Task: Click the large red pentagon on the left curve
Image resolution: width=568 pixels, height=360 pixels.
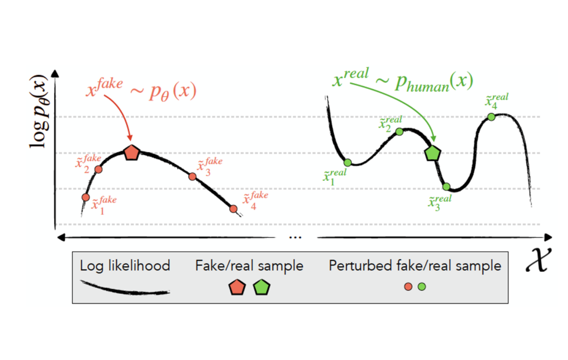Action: pos(131,153)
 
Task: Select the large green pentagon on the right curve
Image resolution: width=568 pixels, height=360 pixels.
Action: pos(433,153)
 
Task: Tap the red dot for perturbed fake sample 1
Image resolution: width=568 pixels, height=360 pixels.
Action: pos(85,197)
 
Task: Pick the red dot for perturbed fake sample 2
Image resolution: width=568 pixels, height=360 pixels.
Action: pos(98,169)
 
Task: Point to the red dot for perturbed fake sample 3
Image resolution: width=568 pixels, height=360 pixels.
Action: pos(192,176)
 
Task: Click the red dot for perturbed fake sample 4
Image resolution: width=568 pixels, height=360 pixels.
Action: pos(234,209)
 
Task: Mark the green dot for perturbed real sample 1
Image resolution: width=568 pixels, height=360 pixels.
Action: pos(348,163)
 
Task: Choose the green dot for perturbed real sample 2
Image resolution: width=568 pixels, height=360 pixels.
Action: pos(399,131)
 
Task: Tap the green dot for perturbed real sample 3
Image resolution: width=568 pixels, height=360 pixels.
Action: pos(447,186)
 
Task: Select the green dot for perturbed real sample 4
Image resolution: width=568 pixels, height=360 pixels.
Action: pos(491,116)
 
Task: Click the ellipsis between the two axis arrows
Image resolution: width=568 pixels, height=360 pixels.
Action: pos(295,237)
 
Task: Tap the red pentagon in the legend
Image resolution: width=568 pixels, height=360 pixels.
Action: pos(237,287)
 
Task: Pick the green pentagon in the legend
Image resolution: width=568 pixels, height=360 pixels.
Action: pos(261,287)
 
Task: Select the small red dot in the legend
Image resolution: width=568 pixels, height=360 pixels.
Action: pos(408,287)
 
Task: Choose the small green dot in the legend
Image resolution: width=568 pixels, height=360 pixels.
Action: pos(422,287)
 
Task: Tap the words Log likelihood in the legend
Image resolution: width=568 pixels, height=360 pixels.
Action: pos(125,266)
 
